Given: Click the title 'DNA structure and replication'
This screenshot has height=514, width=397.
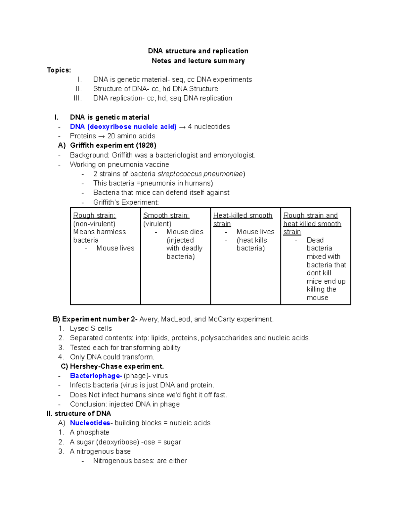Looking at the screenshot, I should point(198,51).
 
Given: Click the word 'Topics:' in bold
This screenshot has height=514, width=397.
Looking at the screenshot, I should point(59,70).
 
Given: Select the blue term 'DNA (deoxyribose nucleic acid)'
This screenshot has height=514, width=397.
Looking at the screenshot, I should point(123,127).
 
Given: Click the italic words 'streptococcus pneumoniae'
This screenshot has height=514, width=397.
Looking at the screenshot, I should point(200,174).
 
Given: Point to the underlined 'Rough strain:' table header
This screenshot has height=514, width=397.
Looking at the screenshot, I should point(94,215).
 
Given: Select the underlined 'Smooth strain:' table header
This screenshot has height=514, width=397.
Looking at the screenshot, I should point(166,215).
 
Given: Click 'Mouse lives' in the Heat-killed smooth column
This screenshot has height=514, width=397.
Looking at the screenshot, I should point(255,232).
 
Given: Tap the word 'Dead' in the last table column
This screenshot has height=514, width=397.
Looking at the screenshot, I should point(315,240).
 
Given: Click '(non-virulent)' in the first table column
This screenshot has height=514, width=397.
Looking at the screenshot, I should point(94,224).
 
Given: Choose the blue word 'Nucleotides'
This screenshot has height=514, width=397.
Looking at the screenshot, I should point(90,423).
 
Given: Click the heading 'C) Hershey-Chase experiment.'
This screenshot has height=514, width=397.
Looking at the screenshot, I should point(112,366).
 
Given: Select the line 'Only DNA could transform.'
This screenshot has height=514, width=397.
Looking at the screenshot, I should point(112,357).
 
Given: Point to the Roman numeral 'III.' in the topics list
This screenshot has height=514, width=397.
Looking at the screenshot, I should point(77,98).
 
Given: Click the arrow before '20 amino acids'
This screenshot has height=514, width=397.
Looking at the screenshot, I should point(102,136).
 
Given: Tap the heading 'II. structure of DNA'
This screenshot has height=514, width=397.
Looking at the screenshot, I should point(79,413).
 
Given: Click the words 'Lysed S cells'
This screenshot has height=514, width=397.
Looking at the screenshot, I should point(91,329).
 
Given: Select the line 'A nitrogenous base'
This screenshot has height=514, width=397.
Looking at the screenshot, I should point(100,451).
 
